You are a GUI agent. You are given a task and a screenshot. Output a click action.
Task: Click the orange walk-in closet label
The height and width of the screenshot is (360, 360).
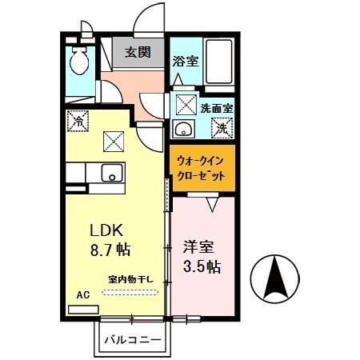click(x=202, y=166)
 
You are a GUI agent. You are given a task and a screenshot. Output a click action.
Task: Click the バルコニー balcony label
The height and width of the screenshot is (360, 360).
click(x=133, y=340)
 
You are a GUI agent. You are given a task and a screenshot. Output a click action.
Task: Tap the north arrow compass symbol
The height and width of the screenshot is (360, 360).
click(x=275, y=278)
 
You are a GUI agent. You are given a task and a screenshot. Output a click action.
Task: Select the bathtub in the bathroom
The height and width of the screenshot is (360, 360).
click(x=214, y=62)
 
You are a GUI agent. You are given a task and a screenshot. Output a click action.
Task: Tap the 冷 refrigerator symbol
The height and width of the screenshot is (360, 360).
click(x=79, y=123)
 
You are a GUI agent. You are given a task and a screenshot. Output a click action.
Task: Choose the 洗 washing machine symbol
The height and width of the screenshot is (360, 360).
click(x=223, y=125)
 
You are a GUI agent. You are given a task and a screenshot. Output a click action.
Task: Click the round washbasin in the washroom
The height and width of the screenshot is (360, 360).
click(x=181, y=130)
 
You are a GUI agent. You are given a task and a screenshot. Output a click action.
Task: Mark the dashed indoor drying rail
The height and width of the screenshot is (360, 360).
click(x=132, y=292)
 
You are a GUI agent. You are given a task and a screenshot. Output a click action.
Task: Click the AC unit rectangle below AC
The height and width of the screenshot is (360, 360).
click(x=82, y=307)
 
